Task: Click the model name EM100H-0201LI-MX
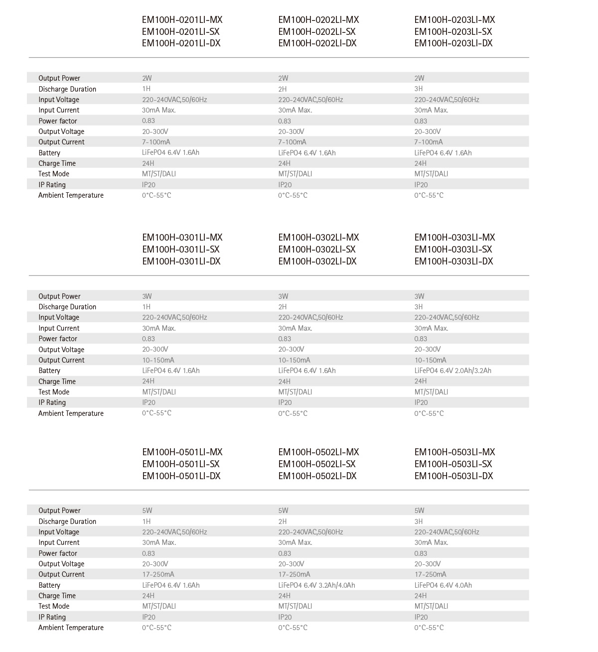pos(182,20)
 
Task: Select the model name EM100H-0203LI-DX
pos(453,43)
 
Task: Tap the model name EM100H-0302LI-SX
pos(317,250)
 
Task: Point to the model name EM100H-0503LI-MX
pos(454,452)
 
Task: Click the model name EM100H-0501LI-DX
pos(181,476)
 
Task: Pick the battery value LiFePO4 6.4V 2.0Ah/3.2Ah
pos(452,371)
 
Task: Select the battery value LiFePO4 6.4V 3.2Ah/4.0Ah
pos(316,585)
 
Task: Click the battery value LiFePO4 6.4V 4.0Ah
pos(443,585)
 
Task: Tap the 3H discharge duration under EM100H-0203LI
pos(419,89)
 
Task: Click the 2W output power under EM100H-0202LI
pos(283,78)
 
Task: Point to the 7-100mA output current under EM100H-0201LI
pos(156,142)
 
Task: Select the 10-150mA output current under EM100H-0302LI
pos(294,360)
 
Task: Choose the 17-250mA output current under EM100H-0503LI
pos(430,574)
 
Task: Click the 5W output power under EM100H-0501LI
pos(147,511)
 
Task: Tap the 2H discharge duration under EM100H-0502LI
pos(283,522)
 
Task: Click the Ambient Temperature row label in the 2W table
pos(71,195)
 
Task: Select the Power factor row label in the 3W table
pos(58,339)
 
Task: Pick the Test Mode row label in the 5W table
pos(54,606)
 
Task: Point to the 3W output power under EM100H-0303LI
pos(419,296)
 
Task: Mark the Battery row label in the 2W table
pos(49,153)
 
